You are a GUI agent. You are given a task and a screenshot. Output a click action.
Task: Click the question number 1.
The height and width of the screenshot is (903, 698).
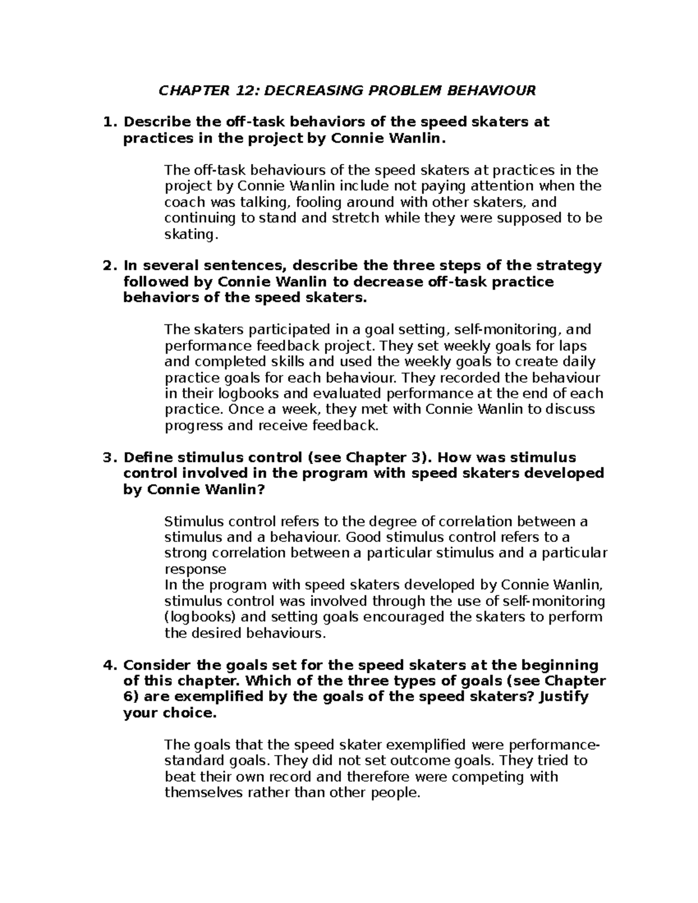106,122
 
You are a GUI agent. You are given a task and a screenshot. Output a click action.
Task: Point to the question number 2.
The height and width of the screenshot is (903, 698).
106,266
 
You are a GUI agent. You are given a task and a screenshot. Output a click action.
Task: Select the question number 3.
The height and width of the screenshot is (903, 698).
106,458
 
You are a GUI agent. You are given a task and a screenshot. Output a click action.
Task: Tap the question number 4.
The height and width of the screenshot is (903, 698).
106,665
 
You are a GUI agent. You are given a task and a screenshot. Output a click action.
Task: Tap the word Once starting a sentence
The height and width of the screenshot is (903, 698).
244,409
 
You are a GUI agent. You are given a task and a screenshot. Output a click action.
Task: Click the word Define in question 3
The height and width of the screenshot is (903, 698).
149,458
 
